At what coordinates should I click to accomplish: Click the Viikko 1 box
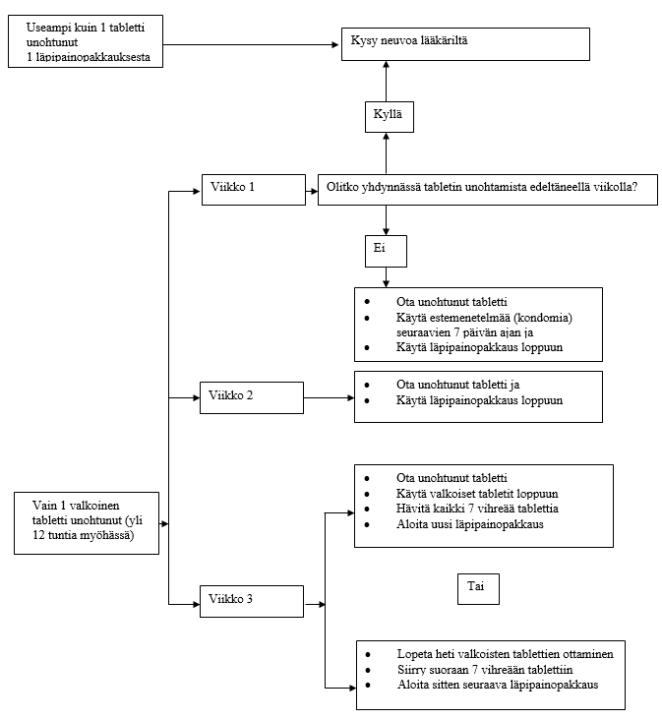click(254, 190)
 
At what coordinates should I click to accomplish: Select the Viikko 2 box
click(252, 397)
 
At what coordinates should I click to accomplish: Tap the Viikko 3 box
click(252, 601)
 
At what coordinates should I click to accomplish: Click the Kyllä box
click(390, 117)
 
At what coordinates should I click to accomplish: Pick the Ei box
click(386, 251)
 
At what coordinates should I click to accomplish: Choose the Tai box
click(478, 588)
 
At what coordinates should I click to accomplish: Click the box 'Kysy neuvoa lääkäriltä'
click(465, 44)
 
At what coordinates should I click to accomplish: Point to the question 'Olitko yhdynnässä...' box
click(488, 190)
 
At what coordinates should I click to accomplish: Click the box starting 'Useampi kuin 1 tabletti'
click(86, 41)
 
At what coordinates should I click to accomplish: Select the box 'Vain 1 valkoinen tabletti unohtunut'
click(87, 523)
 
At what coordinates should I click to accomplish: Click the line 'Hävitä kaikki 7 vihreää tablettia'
click(477, 509)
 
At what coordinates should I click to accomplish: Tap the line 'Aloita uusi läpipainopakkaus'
click(469, 524)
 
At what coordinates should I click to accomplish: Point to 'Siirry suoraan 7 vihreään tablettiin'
click(485, 670)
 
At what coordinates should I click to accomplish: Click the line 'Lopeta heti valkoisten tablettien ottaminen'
click(506, 654)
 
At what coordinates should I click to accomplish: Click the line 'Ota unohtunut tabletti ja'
click(458, 385)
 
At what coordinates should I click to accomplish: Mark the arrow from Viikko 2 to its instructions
click(329, 397)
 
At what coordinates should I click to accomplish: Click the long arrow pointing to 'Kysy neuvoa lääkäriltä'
click(251, 44)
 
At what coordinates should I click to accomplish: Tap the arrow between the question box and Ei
click(387, 220)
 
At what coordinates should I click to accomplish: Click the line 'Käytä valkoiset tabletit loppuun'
click(477, 494)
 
